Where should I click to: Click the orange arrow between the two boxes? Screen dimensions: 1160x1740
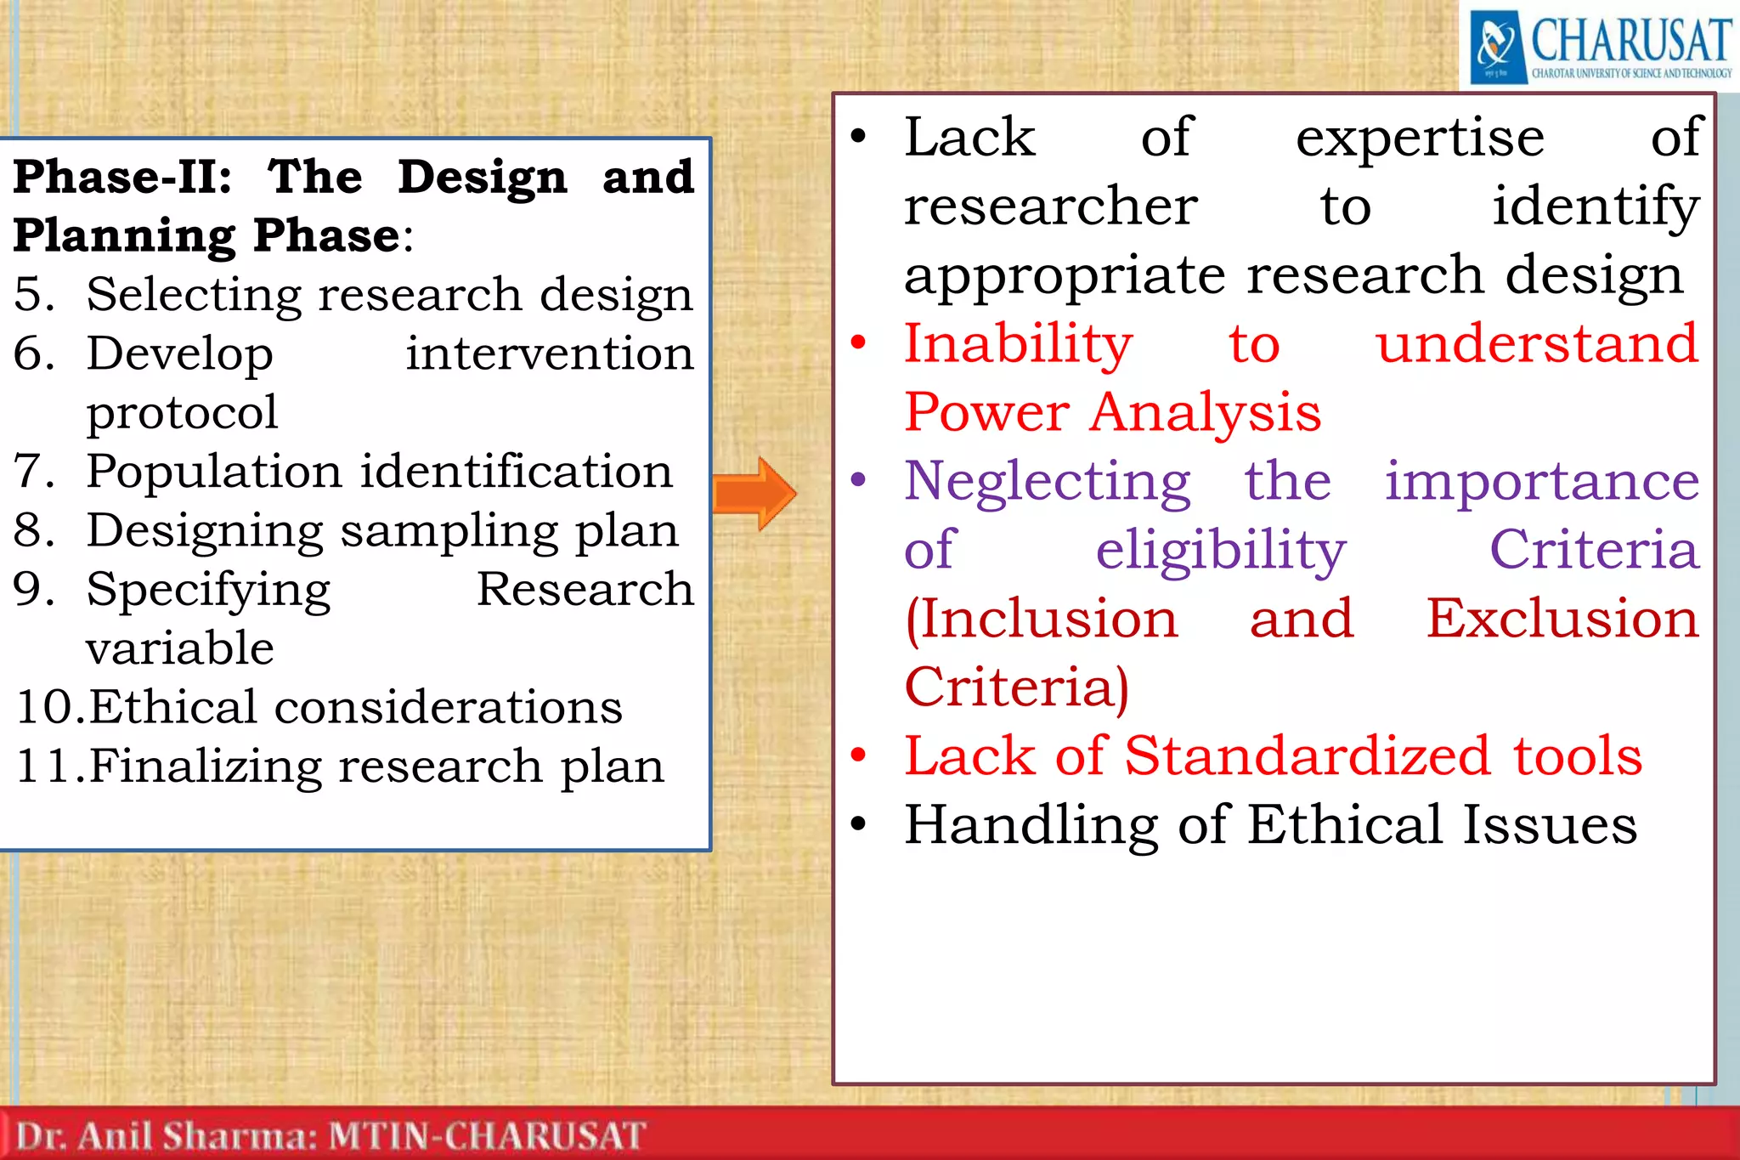(x=754, y=494)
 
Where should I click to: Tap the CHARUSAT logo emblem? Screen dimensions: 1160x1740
(x=1496, y=46)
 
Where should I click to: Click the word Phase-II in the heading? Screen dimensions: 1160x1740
(x=121, y=177)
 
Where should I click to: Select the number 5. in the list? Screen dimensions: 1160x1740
(x=34, y=295)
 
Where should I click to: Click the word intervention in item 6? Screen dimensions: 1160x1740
(x=549, y=354)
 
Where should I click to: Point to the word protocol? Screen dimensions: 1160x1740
(x=182, y=413)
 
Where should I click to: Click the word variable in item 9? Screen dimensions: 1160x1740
(x=180, y=648)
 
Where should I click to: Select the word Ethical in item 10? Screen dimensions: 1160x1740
(x=172, y=707)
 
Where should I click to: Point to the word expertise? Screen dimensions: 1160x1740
(x=1419, y=139)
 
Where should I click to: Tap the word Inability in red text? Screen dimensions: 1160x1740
(x=1018, y=344)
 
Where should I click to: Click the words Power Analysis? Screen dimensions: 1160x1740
(x=1112, y=413)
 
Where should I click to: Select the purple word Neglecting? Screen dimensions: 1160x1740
(x=1047, y=482)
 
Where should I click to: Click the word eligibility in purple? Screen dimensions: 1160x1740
(x=1220, y=551)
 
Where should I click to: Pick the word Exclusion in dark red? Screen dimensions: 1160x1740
(x=1562, y=619)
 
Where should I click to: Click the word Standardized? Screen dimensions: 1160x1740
(x=1308, y=755)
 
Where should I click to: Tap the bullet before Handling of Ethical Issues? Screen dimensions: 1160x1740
(x=859, y=823)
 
